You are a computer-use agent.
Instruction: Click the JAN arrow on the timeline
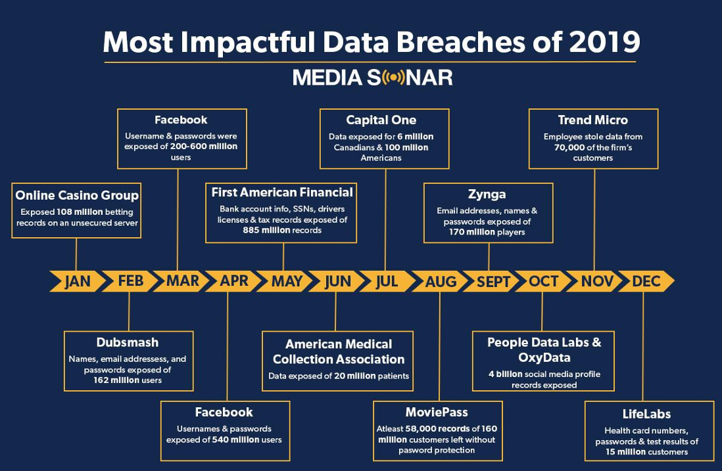(78, 281)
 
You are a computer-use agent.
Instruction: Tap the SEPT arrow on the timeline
(492, 281)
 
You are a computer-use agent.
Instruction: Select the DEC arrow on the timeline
(646, 281)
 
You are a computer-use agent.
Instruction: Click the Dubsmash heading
(128, 343)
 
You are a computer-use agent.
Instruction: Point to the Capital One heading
(381, 120)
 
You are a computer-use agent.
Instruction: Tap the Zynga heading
(487, 194)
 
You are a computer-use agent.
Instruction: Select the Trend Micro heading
(593, 120)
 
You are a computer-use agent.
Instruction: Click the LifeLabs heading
(646, 414)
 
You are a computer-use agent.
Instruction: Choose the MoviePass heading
(437, 412)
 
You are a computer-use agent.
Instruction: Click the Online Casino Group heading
(77, 196)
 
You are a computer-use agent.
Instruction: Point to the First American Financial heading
(282, 192)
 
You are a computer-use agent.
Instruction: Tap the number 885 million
(266, 230)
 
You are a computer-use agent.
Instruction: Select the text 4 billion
(506, 374)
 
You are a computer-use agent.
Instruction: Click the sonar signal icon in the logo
(393, 78)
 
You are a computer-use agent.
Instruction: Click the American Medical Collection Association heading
(339, 352)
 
